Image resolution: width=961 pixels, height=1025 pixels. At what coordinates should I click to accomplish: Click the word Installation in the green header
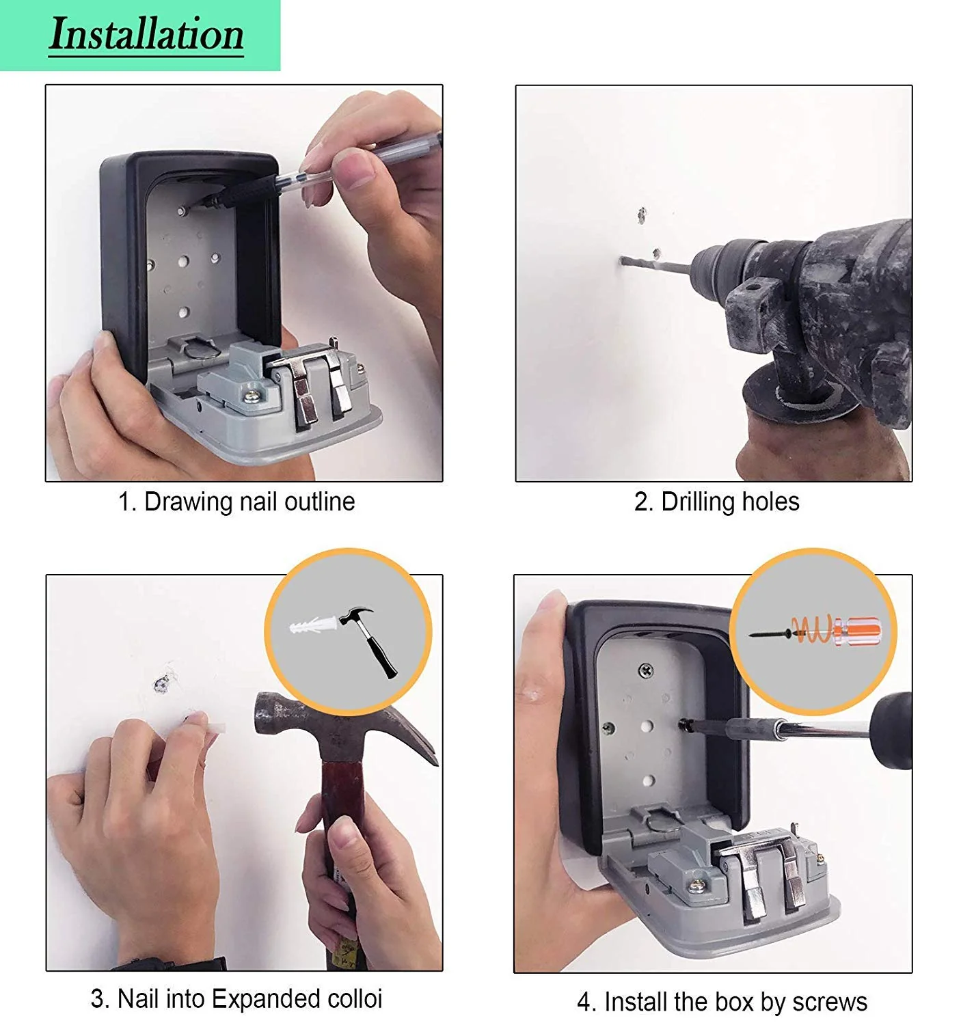[146, 34]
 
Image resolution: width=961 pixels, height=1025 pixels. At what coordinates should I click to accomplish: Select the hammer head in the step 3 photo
[321, 724]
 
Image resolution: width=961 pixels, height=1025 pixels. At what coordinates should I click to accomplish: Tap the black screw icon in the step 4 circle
[769, 634]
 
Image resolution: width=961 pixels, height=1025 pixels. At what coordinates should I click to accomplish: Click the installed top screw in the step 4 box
[645, 671]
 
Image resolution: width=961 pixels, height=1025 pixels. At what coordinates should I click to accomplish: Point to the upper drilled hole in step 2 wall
[641, 216]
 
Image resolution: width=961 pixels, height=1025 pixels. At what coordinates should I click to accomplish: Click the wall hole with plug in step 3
[162, 683]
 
